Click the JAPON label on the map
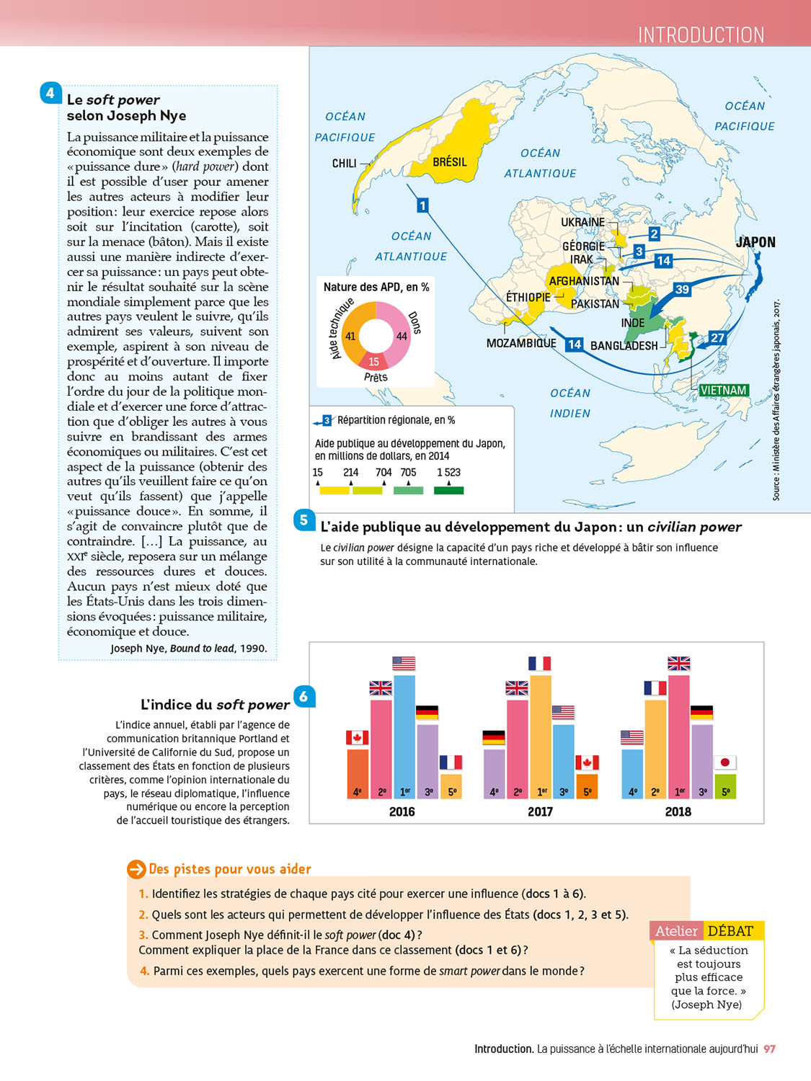[x=755, y=242]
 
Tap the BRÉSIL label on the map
[x=450, y=162]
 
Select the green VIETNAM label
[x=723, y=391]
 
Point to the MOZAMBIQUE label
[x=521, y=343]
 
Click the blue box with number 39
[x=682, y=289]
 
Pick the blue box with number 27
[x=717, y=337]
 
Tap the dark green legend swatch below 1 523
[x=448, y=491]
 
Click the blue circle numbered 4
[x=50, y=92]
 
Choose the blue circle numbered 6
[x=304, y=696]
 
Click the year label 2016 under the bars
[x=402, y=811]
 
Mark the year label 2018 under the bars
[x=678, y=811]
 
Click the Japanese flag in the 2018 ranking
[x=725, y=762]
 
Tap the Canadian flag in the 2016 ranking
[x=357, y=738]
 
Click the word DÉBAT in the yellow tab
[x=730, y=931]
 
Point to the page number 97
[x=770, y=1049]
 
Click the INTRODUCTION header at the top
[x=701, y=35]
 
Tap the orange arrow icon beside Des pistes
[x=136, y=869]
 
